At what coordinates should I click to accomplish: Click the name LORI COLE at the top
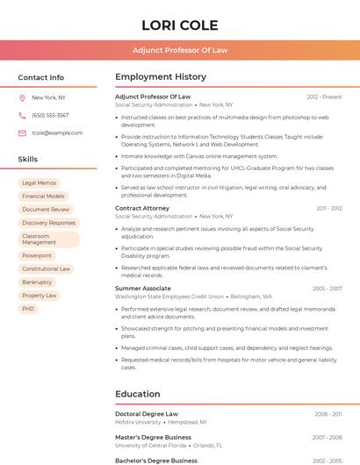pyautogui.click(x=180, y=25)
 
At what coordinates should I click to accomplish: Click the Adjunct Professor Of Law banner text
pyautogui.click(x=180, y=50)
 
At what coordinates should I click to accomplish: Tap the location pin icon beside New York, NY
pyautogui.click(x=22, y=97)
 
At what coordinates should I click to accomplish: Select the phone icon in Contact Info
pyautogui.click(x=22, y=115)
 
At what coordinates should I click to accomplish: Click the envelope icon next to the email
pyautogui.click(x=22, y=132)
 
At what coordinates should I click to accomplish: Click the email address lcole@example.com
pyautogui.click(x=57, y=132)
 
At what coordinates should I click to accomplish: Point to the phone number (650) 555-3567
pyautogui.click(x=50, y=115)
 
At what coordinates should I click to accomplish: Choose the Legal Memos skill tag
pyautogui.click(x=39, y=182)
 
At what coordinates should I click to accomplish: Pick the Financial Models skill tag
pyautogui.click(x=44, y=196)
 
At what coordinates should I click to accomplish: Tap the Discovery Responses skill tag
pyautogui.click(x=48, y=223)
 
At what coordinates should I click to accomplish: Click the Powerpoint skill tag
pyautogui.click(x=37, y=255)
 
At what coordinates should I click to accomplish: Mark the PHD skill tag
pyautogui.click(x=28, y=309)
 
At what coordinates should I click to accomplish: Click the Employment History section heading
pyautogui.click(x=161, y=77)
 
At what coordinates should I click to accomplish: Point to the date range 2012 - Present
pyautogui.click(x=324, y=97)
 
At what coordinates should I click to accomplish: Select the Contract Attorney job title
pyautogui.click(x=142, y=208)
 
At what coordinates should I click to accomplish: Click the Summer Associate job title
pyautogui.click(x=143, y=288)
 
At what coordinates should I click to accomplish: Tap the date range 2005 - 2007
pyautogui.click(x=327, y=288)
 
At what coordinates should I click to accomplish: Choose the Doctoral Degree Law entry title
pyautogui.click(x=147, y=413)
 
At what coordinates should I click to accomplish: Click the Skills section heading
pyautogui.click(x=28, y=159)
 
